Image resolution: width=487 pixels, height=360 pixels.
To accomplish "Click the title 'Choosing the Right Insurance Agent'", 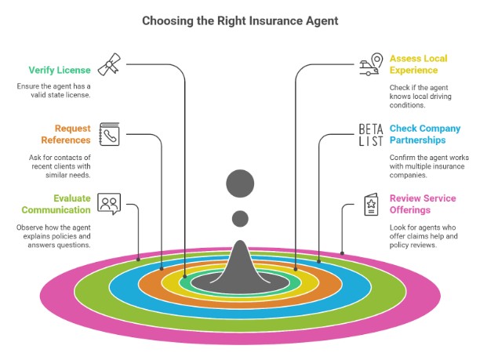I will pos(240,20).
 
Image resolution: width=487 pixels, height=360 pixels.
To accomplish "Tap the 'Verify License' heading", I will pos(60,70).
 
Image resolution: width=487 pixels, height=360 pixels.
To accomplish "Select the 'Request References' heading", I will pos(72,134).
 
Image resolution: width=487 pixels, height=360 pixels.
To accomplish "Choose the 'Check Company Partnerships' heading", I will pos(425,134).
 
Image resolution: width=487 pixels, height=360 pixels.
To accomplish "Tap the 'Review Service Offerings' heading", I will pos(423,204).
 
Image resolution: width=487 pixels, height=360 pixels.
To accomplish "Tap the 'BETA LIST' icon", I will pos(370,135).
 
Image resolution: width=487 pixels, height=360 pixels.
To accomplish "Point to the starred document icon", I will pos(370,205).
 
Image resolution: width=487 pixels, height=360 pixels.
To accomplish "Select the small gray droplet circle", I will pos(240,218).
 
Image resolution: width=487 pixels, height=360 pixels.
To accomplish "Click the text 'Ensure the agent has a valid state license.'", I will pos(56,90).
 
